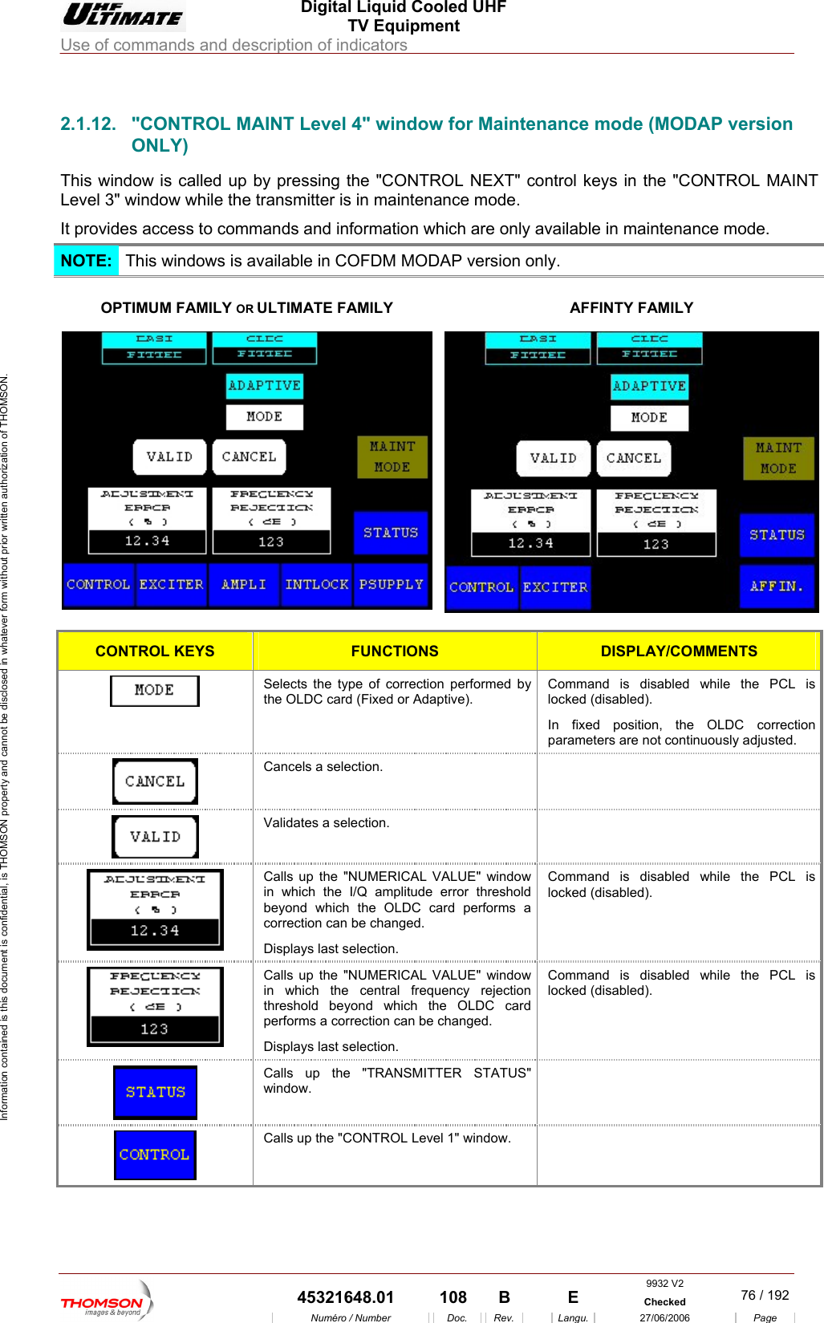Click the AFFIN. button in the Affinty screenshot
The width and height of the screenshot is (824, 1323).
(777, 586)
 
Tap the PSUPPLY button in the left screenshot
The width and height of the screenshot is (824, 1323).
(391, 585)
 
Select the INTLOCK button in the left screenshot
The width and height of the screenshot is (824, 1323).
(317, 585)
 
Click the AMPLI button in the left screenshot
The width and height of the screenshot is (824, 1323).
(244, 585)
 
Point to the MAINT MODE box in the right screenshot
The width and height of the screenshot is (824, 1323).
(778, 458)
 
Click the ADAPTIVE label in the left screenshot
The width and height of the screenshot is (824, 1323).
(265, 386)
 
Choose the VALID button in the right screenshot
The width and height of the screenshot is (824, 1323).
(554, 458)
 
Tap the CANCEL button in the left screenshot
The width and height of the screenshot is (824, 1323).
(250, 457)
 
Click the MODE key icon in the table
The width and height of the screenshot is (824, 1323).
(155, 691)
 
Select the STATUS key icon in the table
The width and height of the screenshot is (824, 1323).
(156, 1092)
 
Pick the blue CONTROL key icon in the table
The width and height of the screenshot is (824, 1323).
(155, 1155)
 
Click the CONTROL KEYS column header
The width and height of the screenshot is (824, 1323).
(155, 651)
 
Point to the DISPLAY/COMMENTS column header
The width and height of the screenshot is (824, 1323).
(679, 651)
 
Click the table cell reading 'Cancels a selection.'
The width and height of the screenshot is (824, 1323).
(323, 767)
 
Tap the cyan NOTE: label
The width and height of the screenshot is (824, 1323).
(87, 261)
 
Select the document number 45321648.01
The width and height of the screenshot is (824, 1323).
(346, 1297)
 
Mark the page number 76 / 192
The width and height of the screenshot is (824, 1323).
(765, 1295)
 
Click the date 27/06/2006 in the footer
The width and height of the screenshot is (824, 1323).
(664, 1317)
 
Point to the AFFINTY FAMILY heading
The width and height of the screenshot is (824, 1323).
(631, 308)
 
